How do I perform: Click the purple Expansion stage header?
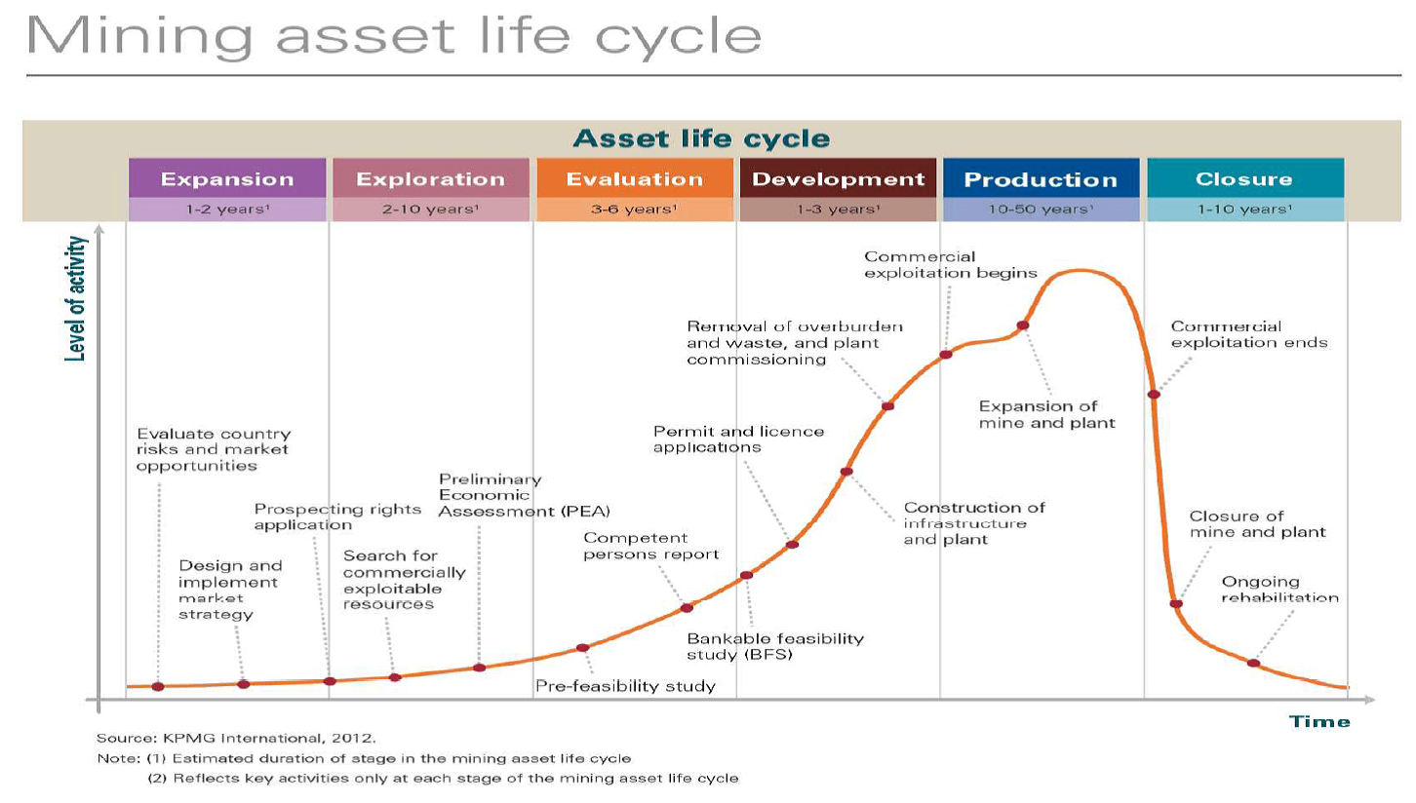[227, 178]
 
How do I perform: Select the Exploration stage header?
[430, 178]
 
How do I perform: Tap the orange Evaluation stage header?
[635, 178]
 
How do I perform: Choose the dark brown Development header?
[839, 178]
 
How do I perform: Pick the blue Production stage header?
[1042, 178]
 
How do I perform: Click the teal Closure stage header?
[1245, 178]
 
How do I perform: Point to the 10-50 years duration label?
[1042, 210]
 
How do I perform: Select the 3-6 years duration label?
[635, 210]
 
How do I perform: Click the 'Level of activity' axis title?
[75, 298]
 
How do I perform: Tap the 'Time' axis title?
[1319, 721]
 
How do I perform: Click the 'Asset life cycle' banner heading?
[701, 138]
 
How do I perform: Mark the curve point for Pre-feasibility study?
[583, 648]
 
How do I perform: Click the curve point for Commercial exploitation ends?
[1154, 395]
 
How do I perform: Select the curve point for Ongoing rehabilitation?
[1253, 663]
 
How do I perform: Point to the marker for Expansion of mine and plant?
[1023, 325]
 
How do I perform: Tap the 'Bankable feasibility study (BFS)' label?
[775, 646]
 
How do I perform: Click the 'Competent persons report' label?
[651, 546]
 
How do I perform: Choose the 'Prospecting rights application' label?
[337, 516]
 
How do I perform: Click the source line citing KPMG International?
[236, 738]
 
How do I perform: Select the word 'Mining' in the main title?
[139, 36]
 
